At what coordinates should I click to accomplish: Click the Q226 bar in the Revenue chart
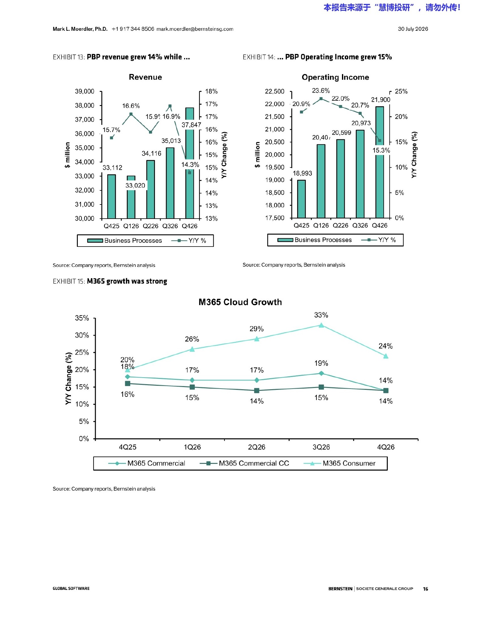click(x=151, y=189)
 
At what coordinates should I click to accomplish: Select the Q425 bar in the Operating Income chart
click(x=301, y=199)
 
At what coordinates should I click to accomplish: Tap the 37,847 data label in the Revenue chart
click(x=191, y=125)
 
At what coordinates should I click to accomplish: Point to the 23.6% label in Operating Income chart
click(x=321, y=91)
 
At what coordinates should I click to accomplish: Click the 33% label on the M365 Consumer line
click(x=321, y=315)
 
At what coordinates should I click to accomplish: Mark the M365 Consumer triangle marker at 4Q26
click(x=386, y=356)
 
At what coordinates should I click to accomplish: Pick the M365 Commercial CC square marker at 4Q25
click(x=128, y=384)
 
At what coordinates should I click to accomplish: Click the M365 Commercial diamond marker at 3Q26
click(x=321, y=373)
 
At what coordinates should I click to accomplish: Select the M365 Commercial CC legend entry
click(x=244, y=463)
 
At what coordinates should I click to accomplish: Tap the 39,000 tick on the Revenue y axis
click(x=84, y=91)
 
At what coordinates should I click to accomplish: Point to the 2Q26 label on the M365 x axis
click(x=257, y=447)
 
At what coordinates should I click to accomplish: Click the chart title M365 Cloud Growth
click(x=240, y=302)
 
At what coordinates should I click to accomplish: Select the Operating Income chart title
click(x=335, y=77)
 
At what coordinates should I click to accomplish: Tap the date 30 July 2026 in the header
click(x=413, y=29)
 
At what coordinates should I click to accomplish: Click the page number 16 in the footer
click(x=425, y=589)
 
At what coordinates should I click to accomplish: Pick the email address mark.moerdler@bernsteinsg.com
click(x=195, y=29)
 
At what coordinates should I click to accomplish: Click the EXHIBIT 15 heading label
click(x=69, y=281)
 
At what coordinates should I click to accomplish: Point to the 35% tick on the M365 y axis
click(x=82, y=318)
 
